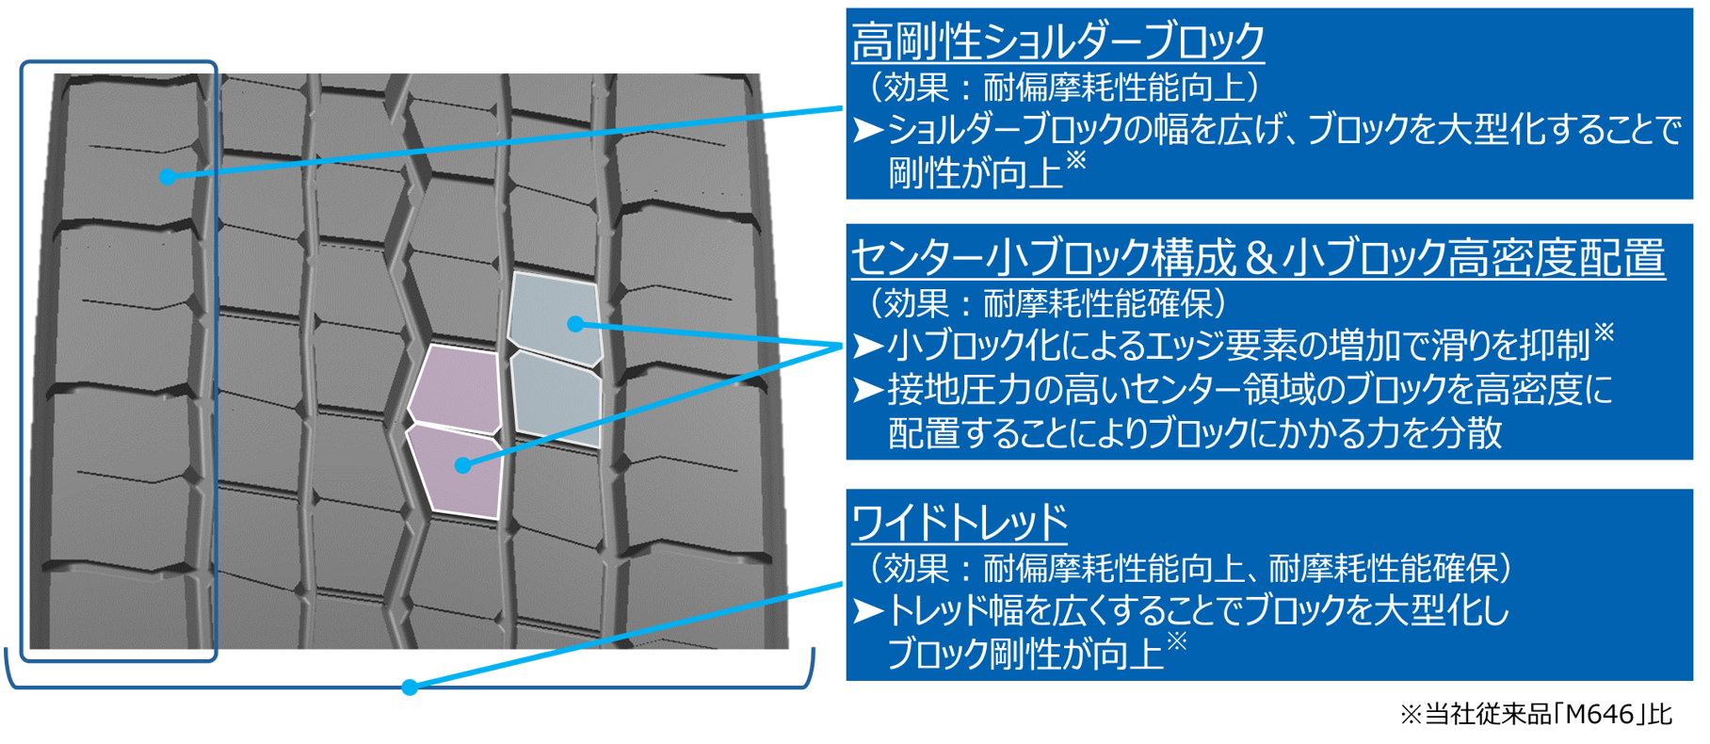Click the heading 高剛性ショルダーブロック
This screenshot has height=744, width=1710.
pos(1057,41)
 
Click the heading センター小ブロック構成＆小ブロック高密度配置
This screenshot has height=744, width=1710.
pos(1257,258)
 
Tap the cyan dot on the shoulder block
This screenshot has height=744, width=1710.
pos(167,176)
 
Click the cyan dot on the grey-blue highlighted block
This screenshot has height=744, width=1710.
pos(575,324)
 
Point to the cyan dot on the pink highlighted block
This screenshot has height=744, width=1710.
pos(461,465)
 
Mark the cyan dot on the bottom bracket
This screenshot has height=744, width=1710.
pos(409,687)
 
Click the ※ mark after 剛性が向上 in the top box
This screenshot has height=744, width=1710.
pos(1075,161)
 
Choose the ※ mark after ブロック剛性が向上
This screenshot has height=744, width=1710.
pos(1176,642)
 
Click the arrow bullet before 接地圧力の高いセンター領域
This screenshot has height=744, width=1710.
pos(867,390)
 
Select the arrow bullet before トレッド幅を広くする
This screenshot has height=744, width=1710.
pos(867,611)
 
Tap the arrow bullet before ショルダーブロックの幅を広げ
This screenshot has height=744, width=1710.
pos(867,130)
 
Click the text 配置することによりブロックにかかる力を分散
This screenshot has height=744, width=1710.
pos(1194,433)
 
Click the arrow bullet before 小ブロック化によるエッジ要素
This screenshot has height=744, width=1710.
pos(867,347)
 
